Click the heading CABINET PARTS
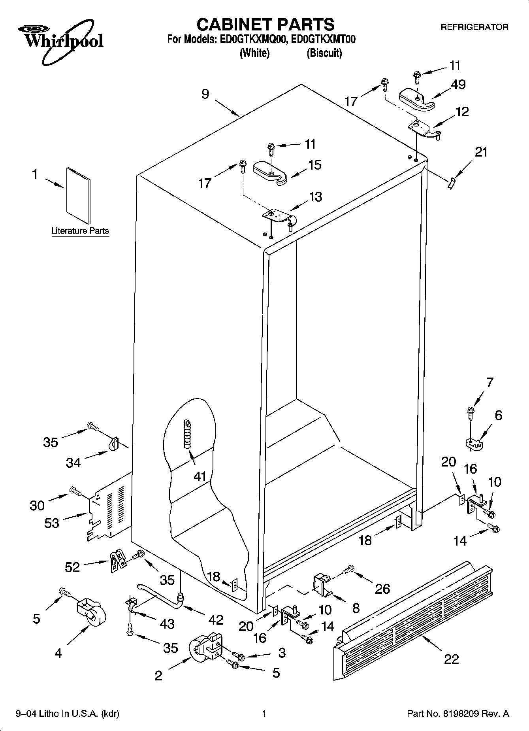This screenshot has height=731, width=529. (x=265, y=25)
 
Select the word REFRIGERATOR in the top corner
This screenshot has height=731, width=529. (x=474, y=27)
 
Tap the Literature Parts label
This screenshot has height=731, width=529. (x=80, y=231)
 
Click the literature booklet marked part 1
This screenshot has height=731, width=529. (x=78, y=195)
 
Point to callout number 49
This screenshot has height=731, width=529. (x=458, y=85)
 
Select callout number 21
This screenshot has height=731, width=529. (x=481, y=152)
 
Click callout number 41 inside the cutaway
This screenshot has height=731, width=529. (x=200, y=477)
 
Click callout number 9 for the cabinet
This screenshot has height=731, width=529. (x=205, y=94)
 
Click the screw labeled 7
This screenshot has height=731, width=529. (x=470, y=412)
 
